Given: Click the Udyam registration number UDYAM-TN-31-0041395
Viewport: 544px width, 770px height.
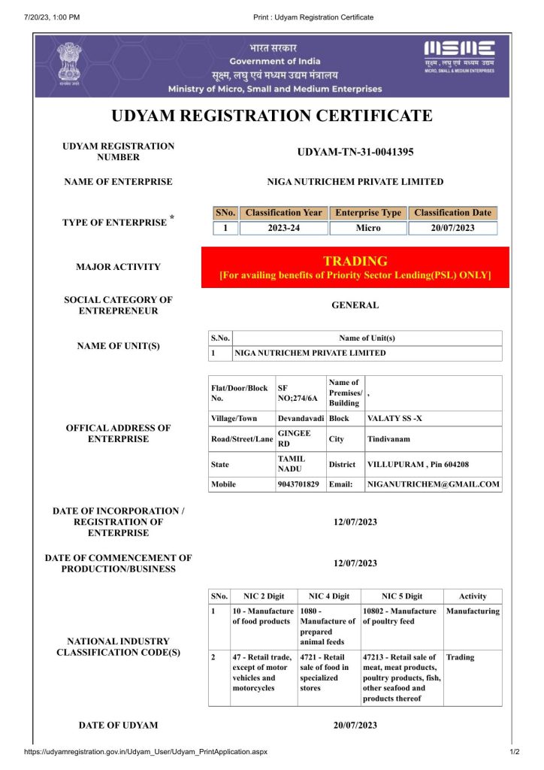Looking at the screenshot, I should pos(355,152).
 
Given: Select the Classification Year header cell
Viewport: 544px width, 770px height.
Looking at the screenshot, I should pos(283,213).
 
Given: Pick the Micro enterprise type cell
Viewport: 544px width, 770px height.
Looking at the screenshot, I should pos(368,228).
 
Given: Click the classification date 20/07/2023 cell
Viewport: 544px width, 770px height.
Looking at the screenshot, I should pos(452,228).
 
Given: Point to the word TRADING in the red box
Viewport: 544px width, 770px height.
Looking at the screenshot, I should pos(355,261).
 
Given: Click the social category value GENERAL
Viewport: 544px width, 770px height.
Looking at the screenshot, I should pos(355,305).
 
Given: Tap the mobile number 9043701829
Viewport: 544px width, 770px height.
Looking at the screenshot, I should pos(298,484).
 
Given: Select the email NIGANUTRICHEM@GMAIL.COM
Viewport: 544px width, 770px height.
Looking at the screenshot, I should pos(433,484).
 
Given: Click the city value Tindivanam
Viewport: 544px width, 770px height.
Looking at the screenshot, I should pos(388,438).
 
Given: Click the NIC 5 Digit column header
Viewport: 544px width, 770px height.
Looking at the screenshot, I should pos(402,596).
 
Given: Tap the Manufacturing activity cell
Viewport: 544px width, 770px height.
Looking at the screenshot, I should pos(473,611).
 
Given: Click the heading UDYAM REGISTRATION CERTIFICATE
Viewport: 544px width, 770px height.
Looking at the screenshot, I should pos(272,116).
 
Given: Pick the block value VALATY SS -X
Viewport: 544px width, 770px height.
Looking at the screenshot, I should pos(394,417).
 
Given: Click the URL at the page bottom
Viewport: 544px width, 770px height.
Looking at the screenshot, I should pos(146,751).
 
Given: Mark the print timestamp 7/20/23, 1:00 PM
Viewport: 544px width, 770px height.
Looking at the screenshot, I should pos(52,17).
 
